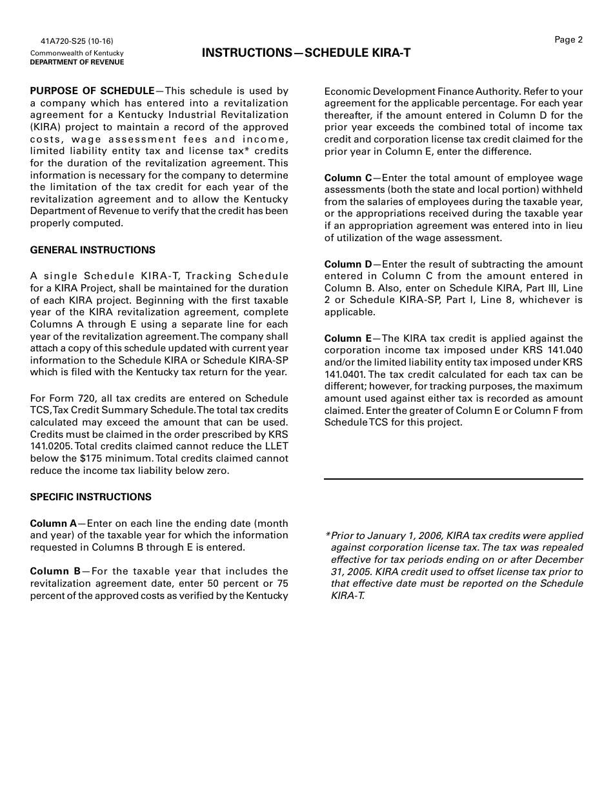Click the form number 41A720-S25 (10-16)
point(72,41)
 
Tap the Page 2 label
point(568,40)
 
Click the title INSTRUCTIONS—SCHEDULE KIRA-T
point(306,53)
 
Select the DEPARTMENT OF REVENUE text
point(77,63)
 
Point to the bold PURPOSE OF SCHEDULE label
point(92,91)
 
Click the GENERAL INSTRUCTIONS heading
point(92,250)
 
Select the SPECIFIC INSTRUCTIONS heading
point(90,497)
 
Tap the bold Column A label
point(53,524)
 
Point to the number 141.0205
point(50,446)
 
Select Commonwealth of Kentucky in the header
point(77,54)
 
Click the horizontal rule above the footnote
point(453,479)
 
